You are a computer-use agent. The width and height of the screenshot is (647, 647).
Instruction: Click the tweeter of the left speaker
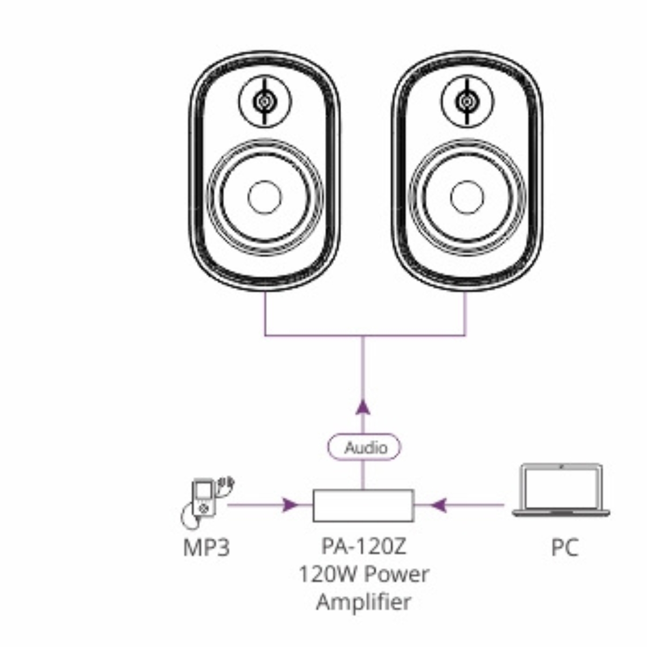coord(265,101)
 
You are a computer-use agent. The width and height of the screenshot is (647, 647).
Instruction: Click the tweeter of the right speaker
coord(467,101)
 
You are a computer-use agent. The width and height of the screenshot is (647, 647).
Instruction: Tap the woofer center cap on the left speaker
coord(265,197)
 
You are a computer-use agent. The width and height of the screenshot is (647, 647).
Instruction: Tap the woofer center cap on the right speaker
coord(467,197)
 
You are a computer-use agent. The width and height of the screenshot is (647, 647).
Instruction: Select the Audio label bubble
coord(365,448)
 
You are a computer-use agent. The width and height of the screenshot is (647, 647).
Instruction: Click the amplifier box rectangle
coord(363,506)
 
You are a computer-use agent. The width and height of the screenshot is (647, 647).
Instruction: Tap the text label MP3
coord(207,548)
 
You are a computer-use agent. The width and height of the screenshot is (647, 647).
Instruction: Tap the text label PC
coord(564,548)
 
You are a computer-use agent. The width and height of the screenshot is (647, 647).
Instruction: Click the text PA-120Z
coord(363,546)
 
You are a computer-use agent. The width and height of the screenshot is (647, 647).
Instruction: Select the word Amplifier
coord(363,602)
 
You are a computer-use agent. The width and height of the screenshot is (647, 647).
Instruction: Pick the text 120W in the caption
coord(326,574)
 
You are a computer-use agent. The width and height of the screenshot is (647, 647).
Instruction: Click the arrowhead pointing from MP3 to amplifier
coord(291,505)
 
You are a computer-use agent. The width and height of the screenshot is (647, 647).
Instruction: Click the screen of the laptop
coord(561,486)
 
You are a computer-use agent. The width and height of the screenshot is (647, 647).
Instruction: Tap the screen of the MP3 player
coord(203,490)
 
